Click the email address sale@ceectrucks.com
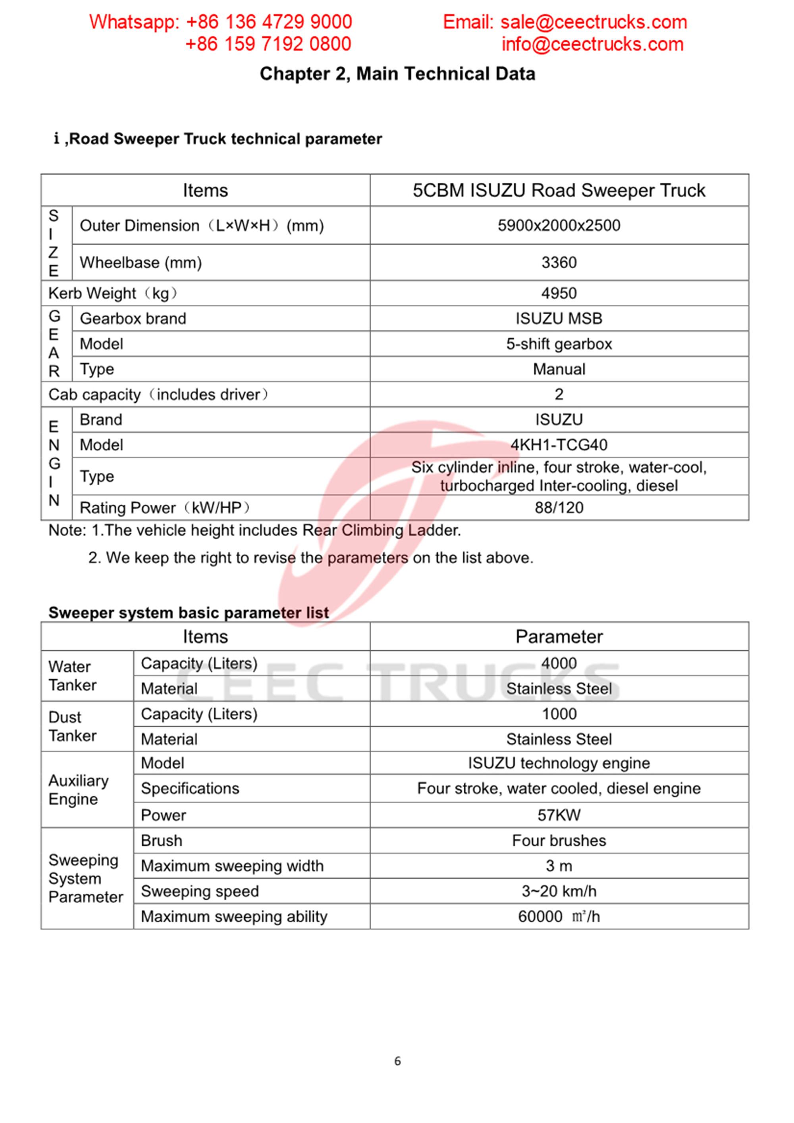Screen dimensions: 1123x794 pyautogui.click(x=594, y=22)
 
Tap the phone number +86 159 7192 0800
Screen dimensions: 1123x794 pyautogui.click(x=268, y=44)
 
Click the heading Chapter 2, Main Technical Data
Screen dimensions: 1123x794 pyautogui.click(x=397, y=74)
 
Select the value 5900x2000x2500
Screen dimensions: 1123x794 pyautogui.click(x=559, y=225)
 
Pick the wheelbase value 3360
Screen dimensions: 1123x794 pyautogui.click(x=559, y=263)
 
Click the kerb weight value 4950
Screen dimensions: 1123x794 pyautogui.click(x=559, y=293)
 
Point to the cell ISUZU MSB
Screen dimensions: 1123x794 pyautogui.click(x=559, y=318)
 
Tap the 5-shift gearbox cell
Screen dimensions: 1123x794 pyautogui.click(x=559, y=344)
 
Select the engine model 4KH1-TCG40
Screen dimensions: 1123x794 pyautogui.click(x=559, y=444)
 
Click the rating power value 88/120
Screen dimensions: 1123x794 pyautogui.click(x=559, y=508)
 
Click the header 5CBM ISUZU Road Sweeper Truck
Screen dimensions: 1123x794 pyautogui.click(x=559, y=190)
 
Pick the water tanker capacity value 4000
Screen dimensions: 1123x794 pyautogui.click(x=559, y=663)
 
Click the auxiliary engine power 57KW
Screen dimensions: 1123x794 pyautogui.click(x=559, y=815)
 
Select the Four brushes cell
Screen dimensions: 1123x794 pyautogui.click(x=559, y=840)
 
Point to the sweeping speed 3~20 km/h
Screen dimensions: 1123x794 pyautogui.click(x=559, y=891)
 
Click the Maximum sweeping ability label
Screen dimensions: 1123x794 pyautogui.click(x=234, y=917)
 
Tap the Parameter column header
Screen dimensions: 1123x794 pyautogui.click(x=559, y=637)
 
